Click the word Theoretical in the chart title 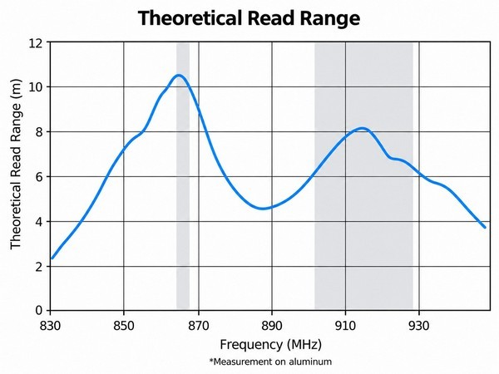(190, 17)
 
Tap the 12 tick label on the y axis (36, 42)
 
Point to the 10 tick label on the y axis (36, 86)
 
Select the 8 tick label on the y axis (39, 131)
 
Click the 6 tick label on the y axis (39, 176)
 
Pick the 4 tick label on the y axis (39, 221)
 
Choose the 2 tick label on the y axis (39, 266)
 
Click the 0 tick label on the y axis (39, 310)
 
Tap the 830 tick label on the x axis (50, 326)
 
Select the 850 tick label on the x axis (124, 326)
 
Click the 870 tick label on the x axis (199, 326)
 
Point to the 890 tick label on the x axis (272, 326)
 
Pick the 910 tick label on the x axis (345, 326)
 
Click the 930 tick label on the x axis (419, 326)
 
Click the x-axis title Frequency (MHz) (270, 345)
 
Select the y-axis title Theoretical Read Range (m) (15, 164)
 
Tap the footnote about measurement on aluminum (270, 362)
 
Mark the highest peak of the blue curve (179, 76)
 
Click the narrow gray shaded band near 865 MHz (183, 176)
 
